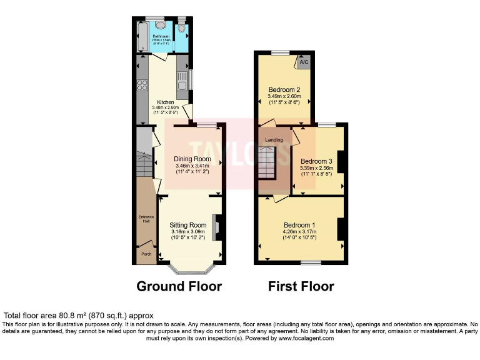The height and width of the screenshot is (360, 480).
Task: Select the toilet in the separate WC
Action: tap(182, 27)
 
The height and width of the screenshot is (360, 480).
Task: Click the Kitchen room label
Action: tap(166, 102)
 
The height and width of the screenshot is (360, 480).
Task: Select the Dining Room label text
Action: tap(192, 159)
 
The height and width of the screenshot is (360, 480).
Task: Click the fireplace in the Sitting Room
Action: tap(216, 227)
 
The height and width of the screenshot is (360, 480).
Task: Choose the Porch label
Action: tap(146, 254)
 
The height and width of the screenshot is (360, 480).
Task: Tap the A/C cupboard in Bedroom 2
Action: tap(304, 62)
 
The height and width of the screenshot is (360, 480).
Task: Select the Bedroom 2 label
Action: tap(284, 89)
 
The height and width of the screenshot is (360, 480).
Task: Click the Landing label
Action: tap(274, 139)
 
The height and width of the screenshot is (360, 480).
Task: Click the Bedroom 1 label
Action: tap(300, 225)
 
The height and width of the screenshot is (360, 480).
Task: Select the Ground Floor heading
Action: tap(179, 287)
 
